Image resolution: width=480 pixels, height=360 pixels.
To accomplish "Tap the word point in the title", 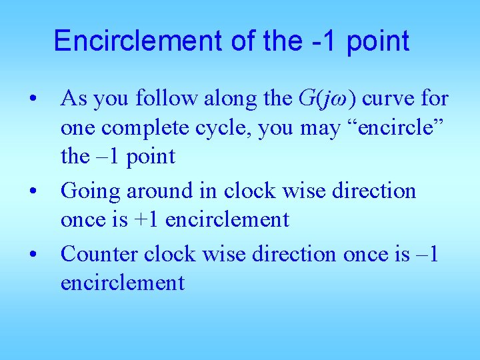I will pos(376,41).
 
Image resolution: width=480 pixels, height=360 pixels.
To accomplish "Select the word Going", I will pos(89,191).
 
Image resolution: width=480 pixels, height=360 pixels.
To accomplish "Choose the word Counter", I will pos(98,254).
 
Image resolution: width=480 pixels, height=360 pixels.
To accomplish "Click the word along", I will pos(229,99).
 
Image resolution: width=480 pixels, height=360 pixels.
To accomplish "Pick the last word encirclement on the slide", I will pos(122,283).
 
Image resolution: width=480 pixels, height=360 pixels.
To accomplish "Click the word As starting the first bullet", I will pos(74,99).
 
